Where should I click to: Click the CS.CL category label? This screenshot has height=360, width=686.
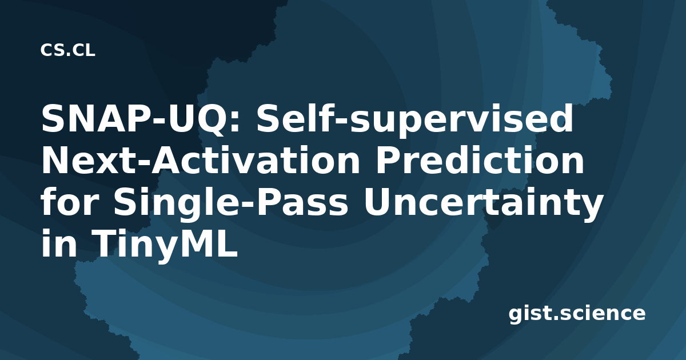67,50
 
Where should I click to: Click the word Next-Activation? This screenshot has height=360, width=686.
200,160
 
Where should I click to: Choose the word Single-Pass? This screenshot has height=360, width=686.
231,203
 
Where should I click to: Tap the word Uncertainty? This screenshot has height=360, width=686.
483,203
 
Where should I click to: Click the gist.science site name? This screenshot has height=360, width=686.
577,314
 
